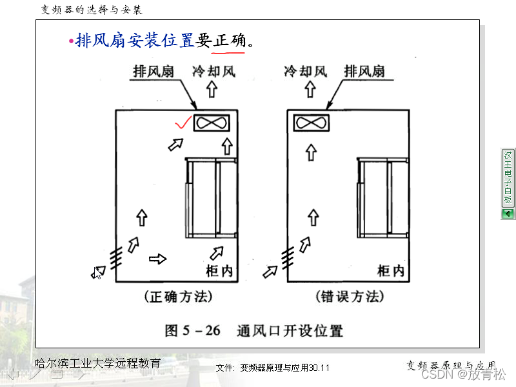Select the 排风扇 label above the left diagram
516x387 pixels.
coord(153,71)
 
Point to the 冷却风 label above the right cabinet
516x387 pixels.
coord(305,71)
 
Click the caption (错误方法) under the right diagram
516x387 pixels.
coord(350,297)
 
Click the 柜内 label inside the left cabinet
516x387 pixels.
coord(217,272)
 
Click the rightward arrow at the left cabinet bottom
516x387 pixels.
coord(157,259)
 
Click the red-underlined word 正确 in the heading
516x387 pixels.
coord(230,41)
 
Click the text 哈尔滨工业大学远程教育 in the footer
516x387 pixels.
coord(97,363)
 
